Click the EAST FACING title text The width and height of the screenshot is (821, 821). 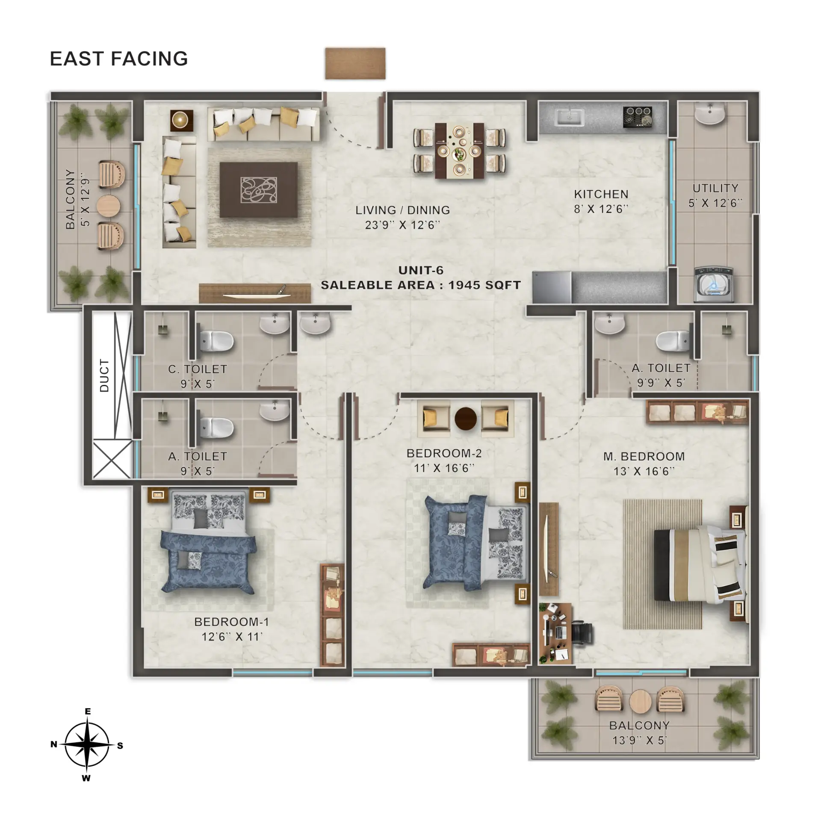pos(119,59)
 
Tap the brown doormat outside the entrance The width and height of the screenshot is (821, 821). pos(355,63)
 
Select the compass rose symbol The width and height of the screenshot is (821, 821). pos(87,744)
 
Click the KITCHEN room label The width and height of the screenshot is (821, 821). pos(601,194)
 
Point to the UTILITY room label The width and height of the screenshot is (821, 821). pos(715,188)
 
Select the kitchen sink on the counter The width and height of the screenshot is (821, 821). pos(570,117)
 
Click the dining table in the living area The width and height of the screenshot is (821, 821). pos(460,151)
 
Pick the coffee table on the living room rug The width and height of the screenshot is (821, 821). pos(259,190)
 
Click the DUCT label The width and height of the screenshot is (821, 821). pos(104,375)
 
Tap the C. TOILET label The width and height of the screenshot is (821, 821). pos(198,369)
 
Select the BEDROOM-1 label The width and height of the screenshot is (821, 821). pos(232,622)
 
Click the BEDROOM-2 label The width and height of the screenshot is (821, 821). pos(444,453)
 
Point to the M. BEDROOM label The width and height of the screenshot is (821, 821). pos(644,457)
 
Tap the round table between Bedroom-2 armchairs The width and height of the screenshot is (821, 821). pos(466,419)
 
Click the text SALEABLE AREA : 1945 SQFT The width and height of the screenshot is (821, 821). pos(421,285)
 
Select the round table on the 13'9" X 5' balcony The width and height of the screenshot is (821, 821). pos(640,701)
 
